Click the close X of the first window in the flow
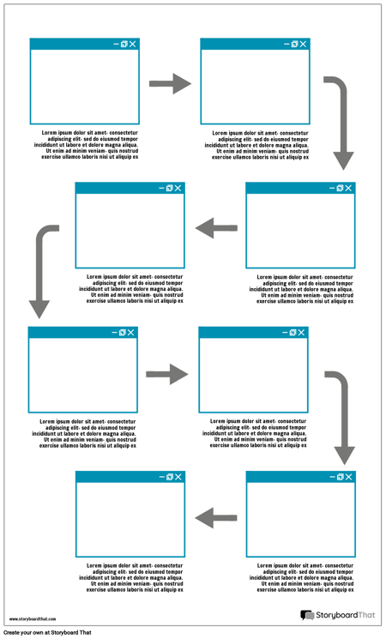tap(133, 44)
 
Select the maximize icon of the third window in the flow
tap(340, 188)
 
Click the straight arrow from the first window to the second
tap(170, 83)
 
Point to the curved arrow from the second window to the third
tap(340, 120)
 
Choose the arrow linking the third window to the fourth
tap(216, 227)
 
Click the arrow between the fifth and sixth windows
tap(167, 374)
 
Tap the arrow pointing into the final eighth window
tap(216, 517)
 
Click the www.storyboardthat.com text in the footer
tap(32, 618)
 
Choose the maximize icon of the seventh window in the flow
tap(340, 477)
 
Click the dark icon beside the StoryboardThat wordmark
tap(307, 616)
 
